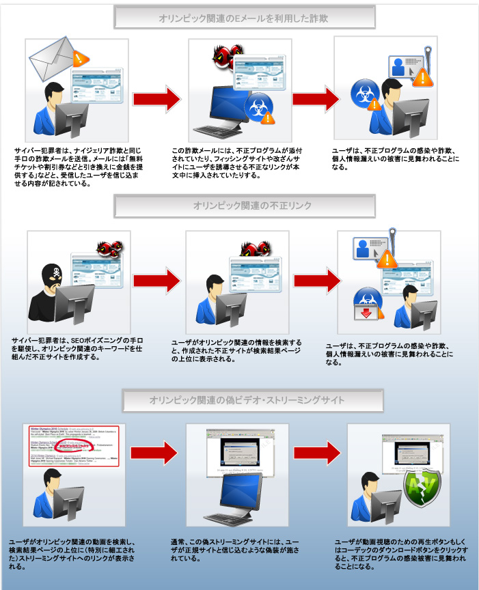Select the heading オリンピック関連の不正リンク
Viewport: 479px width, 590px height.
(244, 206)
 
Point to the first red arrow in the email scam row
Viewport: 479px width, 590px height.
(156, 97)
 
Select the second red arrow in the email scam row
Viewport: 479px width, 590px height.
(315, 97)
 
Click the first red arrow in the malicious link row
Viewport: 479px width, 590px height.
(156, 281)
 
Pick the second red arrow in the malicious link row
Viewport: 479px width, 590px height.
(315, 281)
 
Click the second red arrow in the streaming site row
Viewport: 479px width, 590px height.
(316, 453)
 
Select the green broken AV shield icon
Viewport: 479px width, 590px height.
(420, 487)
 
